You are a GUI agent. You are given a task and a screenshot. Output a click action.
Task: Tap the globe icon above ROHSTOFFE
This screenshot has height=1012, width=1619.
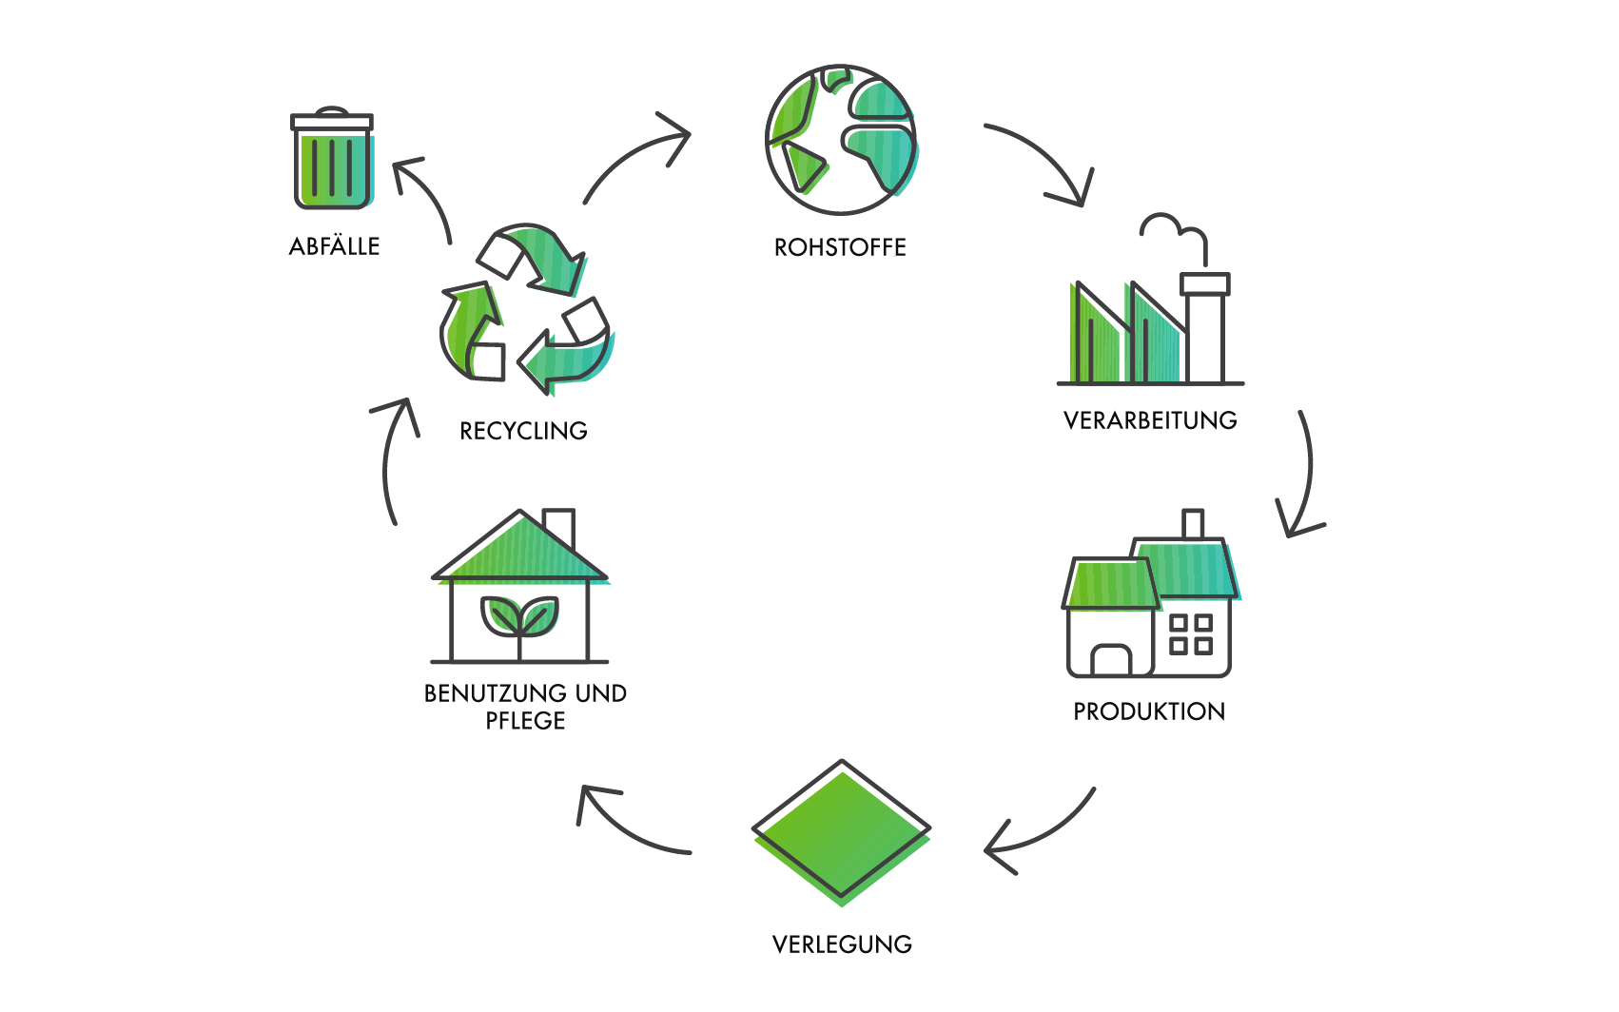pos(841,140)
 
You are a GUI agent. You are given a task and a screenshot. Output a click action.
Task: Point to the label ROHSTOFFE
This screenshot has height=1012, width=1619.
pos(840,247)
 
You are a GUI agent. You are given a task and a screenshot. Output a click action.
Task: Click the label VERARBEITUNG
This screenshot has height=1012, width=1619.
pos(1150,420)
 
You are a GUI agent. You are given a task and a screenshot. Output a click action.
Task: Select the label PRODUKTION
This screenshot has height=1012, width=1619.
pos(1149,711)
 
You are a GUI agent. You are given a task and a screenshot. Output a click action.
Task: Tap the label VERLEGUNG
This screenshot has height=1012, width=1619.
pos(842,944)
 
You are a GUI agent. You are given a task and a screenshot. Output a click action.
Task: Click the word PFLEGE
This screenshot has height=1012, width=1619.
pos(525,721)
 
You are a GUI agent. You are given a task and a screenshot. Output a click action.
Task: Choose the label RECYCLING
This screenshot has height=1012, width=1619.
pos(523,431)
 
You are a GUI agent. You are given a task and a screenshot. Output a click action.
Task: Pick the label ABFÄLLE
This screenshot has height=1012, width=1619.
pos(334,246)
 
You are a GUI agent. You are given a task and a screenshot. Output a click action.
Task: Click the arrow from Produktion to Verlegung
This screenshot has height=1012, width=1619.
pos(1042,833)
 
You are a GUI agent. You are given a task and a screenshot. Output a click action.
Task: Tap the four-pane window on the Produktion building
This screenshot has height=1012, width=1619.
pos(1190,634)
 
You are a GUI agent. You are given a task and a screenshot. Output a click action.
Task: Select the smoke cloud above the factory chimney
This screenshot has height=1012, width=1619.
pos(1172,229)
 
